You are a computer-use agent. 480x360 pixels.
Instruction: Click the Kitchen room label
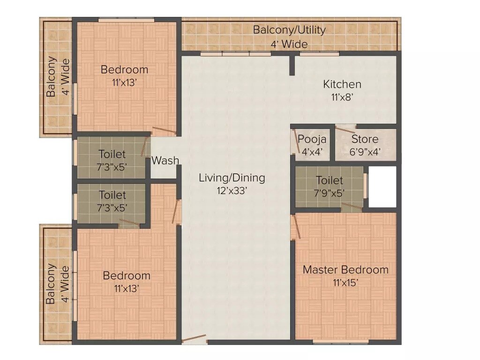tap(342, 84)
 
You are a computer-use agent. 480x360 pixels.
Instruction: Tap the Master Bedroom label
tap(345, 270)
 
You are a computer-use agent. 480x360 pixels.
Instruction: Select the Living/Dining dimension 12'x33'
tap(232, 191)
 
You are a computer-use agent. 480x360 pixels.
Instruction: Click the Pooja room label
tap(312, 139)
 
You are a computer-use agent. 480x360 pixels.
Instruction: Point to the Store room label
tap(365, 139)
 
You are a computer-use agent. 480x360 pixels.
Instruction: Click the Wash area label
tap(165, 160)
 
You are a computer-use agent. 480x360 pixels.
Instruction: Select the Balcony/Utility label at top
tap(289, 30)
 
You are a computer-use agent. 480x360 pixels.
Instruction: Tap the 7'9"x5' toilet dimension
tap(329, 192)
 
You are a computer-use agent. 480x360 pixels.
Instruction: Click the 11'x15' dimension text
tap(345, 282)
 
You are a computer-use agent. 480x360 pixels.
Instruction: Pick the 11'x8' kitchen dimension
tap(342, 97)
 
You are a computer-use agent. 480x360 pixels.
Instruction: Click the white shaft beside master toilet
tap(382, 187)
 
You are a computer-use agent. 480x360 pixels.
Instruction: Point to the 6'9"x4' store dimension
tap(365, 152)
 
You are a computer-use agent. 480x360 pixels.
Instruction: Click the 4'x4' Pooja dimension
tap(312, 152)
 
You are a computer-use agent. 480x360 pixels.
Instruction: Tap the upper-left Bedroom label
tap(125, 70)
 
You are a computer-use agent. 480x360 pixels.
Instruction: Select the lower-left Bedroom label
tap(127, 276)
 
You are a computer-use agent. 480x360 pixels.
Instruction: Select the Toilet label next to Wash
tap(112, 154)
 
